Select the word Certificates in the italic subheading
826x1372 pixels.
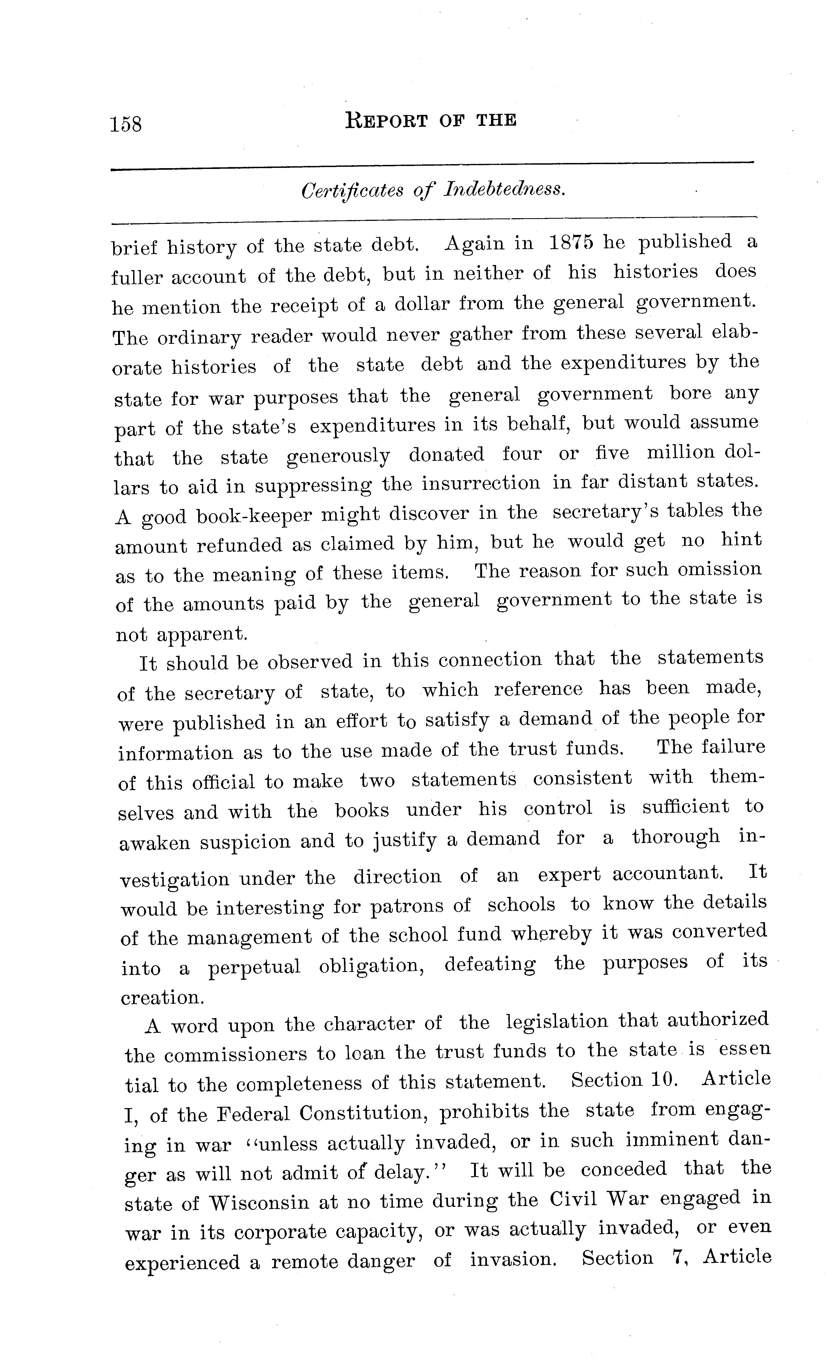[352, 192]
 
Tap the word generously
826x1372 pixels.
[338, 456]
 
